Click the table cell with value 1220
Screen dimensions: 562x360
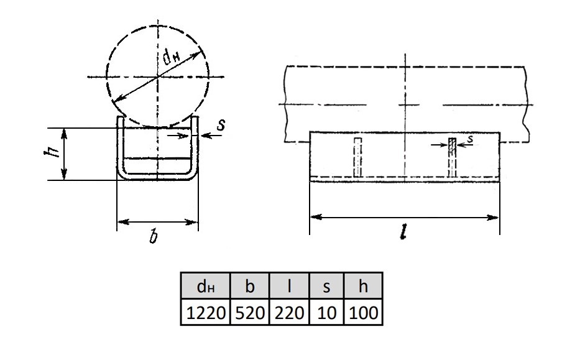point(205,312)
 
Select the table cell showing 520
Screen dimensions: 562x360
point(249,312)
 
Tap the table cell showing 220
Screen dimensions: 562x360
point(289,312)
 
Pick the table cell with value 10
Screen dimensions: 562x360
point(326,312)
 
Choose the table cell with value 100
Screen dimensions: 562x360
point(363,312)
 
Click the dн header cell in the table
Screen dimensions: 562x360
point(205,286)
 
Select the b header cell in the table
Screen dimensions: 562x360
point(249,286)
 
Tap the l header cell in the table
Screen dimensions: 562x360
point(289,286)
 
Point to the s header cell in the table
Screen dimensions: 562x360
point(326,286)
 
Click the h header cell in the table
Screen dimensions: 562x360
point(363,286)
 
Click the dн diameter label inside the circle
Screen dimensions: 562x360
point(172,57)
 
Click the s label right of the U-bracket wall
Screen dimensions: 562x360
point(221,125)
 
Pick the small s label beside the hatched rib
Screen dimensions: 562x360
point(471,139)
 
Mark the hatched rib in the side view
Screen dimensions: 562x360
point(453,157)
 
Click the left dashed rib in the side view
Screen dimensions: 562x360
point(357,157)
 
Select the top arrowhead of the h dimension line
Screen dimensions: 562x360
point(64,134)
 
